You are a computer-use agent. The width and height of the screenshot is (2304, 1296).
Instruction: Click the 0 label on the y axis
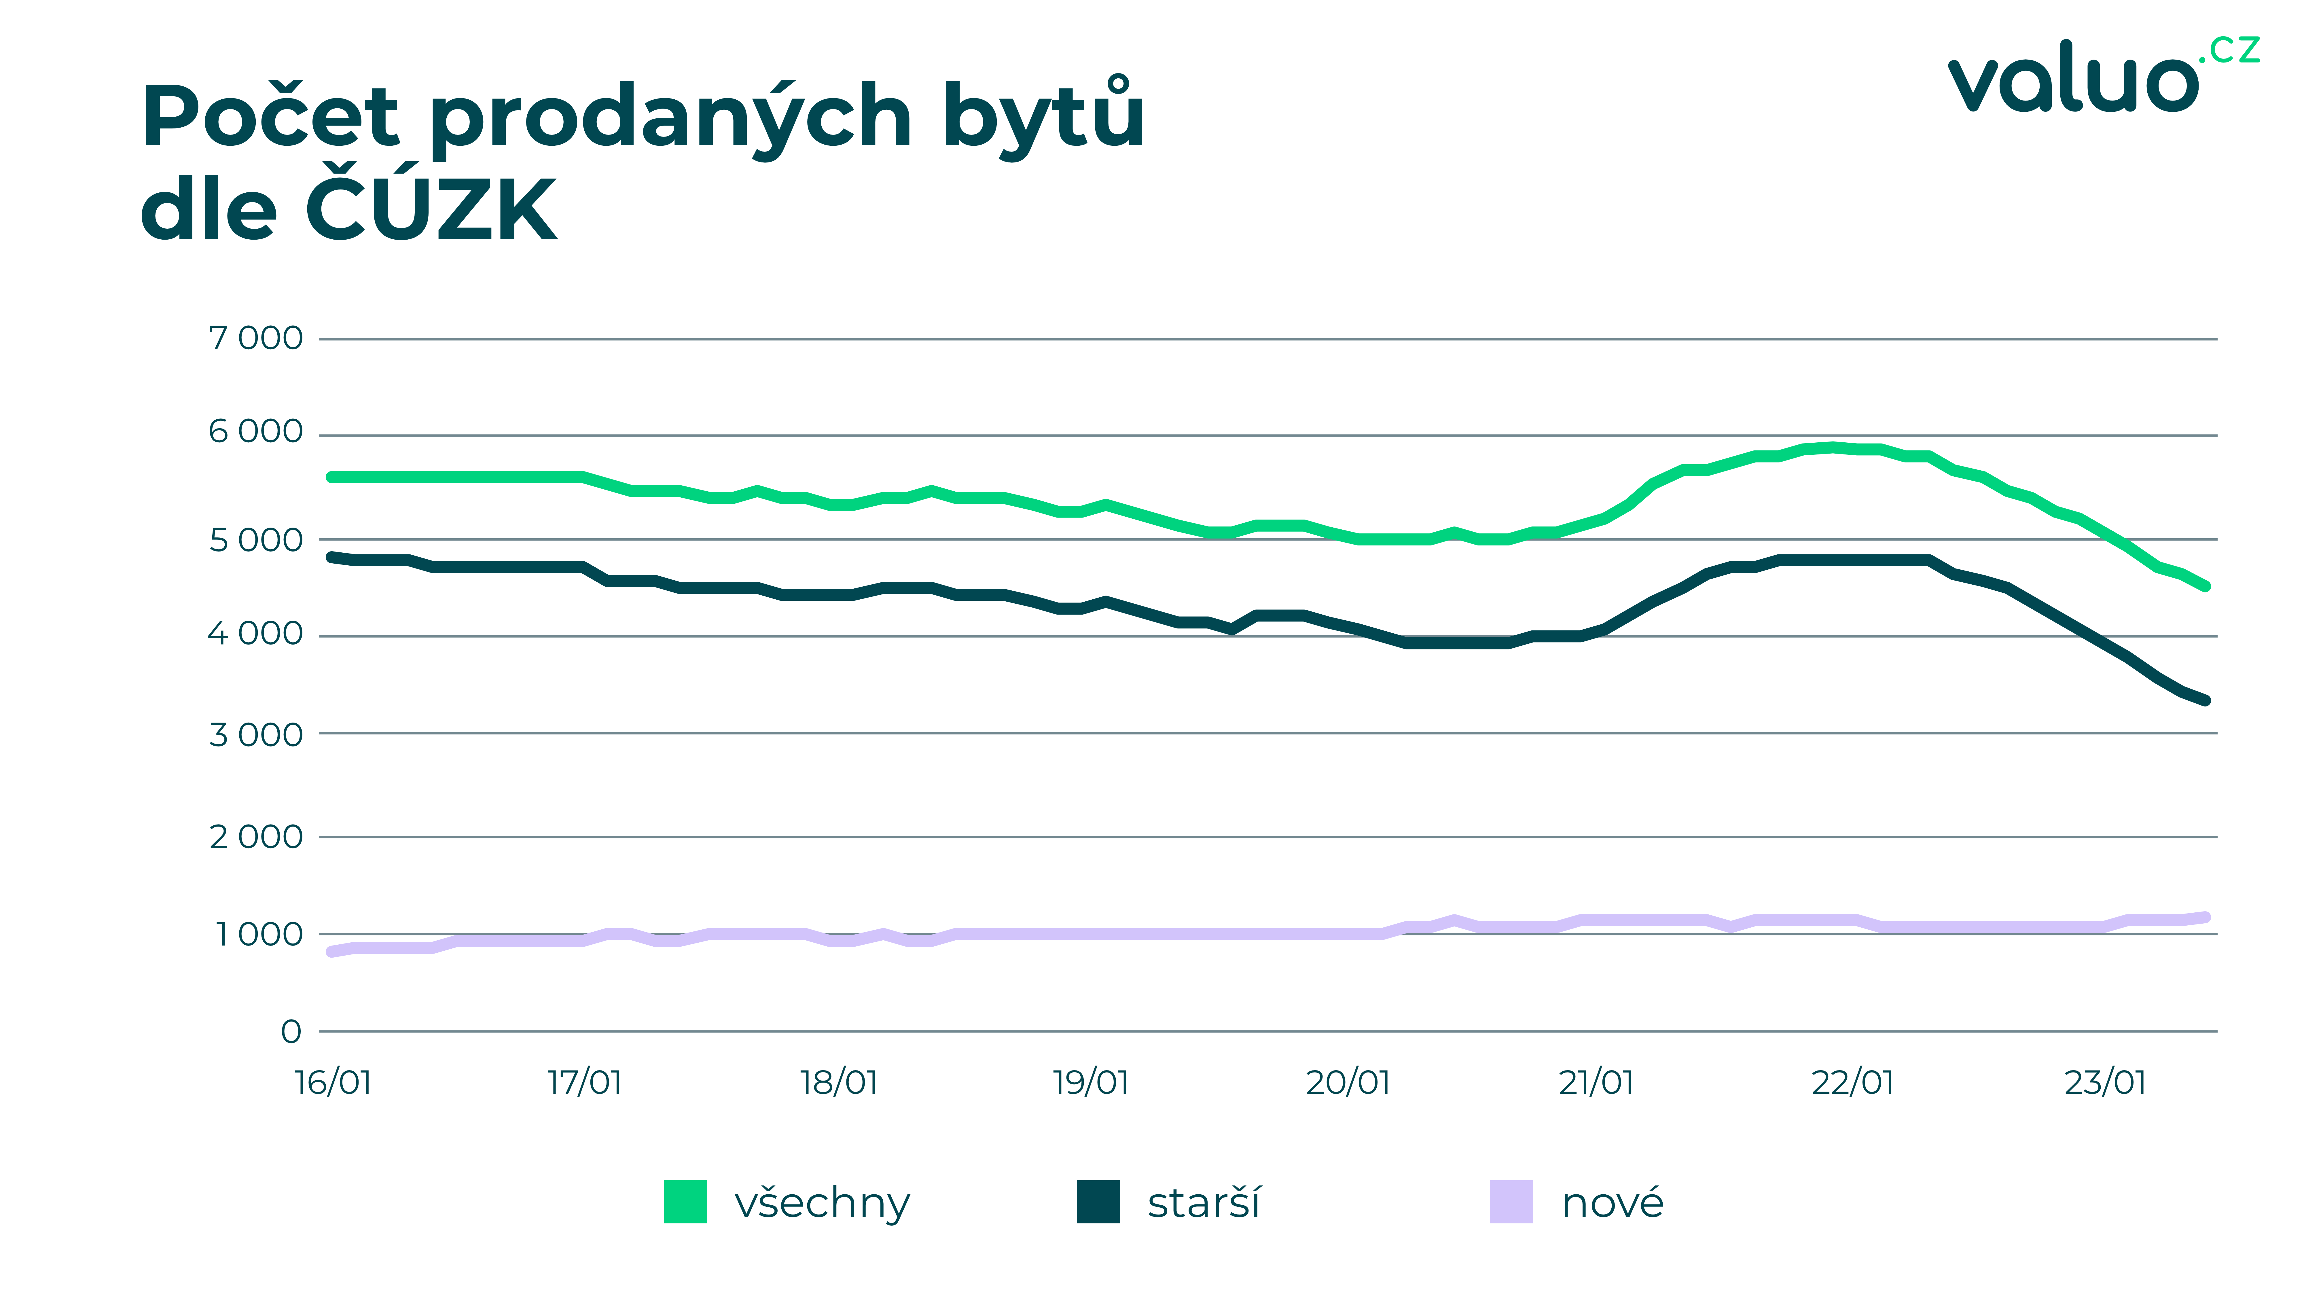pos(291,1031)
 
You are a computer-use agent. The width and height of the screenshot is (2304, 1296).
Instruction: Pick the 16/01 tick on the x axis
pos(333,1082)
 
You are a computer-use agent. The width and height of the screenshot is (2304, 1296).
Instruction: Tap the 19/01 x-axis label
pos(1090,1082)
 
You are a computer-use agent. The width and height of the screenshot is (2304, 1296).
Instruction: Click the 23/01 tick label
pos(2104,1082)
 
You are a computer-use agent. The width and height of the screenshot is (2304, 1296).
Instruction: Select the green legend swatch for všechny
pos(685,1201)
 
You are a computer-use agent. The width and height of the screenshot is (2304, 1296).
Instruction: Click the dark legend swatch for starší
pos(1098,1201)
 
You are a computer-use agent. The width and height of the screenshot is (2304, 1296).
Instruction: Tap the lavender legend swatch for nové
pos(1511,1201)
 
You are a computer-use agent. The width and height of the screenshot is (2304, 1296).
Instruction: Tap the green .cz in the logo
pos(2233,49)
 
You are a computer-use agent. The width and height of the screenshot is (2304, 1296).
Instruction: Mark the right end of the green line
pos(2206,586)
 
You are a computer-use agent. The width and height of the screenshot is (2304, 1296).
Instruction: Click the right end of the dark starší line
pos(2206,700)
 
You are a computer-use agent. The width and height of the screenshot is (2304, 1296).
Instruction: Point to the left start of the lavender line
pos(332,952)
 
